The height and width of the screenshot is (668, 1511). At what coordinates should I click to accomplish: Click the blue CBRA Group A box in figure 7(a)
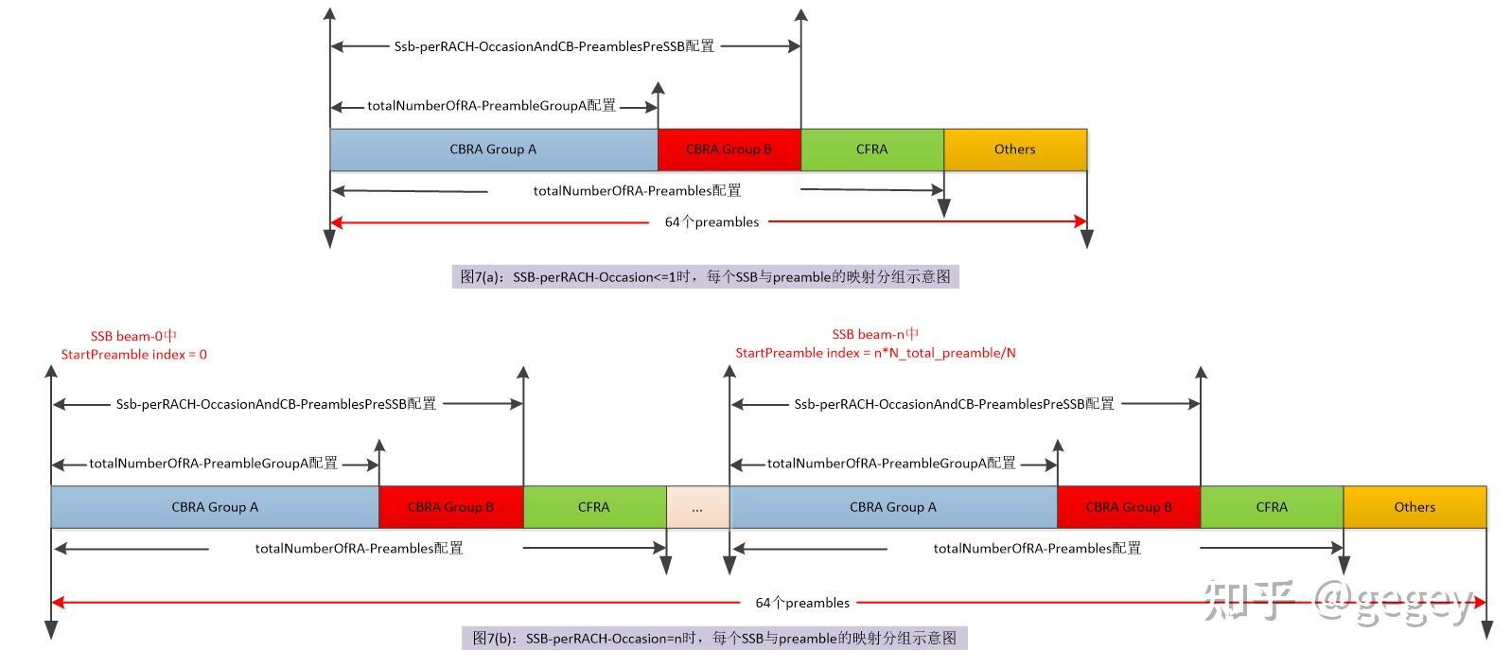(x=494, y=149)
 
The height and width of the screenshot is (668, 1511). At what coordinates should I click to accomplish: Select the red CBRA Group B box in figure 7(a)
(x=729, y=149)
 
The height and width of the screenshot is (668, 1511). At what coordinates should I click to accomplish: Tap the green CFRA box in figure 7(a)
(x=872, y=149)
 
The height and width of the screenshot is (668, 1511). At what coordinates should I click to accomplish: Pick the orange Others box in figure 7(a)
(x=1015, y=149)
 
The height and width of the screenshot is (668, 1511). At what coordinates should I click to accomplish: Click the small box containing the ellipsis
(x=697, y=507)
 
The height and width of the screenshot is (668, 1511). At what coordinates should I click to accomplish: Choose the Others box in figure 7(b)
(x=1414, y=507)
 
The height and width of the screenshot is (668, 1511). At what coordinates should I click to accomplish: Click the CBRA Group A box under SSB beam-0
(x=215, y=507)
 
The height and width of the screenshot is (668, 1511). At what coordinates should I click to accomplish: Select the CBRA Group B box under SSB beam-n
(x=1129, y=507)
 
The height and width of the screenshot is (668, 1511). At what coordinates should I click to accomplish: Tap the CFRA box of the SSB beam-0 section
(x=594, y=507)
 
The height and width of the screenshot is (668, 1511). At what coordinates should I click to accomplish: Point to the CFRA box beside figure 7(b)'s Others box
(x=1273, y=507)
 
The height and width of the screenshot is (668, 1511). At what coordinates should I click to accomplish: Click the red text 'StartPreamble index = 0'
(x=134, y=354)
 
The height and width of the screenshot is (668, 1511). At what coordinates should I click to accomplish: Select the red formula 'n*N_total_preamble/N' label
(x=945, y=353)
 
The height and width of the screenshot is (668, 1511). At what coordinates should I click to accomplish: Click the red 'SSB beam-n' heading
(x=875, y=334)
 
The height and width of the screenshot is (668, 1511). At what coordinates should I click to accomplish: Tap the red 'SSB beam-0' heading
(x=133, y=335)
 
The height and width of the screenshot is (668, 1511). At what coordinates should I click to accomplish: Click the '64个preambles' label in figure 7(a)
(x=712, y=222)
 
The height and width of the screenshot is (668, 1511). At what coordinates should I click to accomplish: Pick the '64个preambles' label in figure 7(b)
(x=802, y=603)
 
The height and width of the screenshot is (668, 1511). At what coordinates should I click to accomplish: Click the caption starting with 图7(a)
(x=706, y=276)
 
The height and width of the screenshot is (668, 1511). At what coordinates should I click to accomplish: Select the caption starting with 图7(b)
(x=714, y=639)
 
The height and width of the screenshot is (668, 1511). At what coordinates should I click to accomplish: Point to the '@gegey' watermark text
(x=1393, y=603)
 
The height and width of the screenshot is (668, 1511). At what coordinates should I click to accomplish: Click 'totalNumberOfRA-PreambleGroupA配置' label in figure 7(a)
(x=491, y=105)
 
